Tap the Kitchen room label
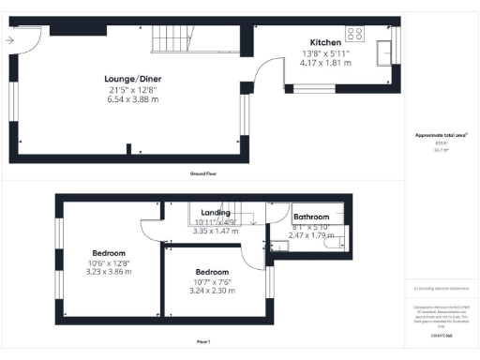pyautogui.click(x=326, y=42)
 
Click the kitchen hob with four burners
pyautogui.click(x=355, y=34)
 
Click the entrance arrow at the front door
pyautogui.click(x=9, y=40)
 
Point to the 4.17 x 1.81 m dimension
pyautogui.click(x=326, y=63)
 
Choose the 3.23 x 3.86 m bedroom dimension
pyautogui.click(x=110, y=272)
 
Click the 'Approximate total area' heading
pyautogui.click(x=441, y=136)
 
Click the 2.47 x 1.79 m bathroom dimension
pyautogui.click(x=310, y=234)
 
